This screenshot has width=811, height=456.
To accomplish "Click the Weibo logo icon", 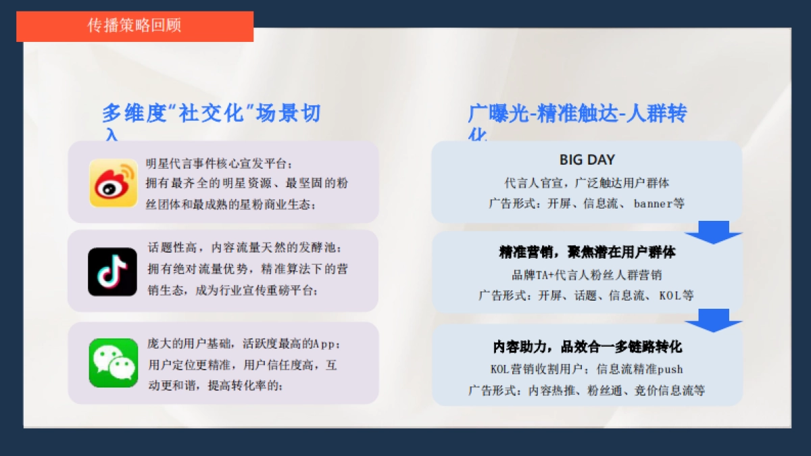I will click(114, 182).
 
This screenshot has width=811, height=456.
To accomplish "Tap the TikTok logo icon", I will click(112, 271).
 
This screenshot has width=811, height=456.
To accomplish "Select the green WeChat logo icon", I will click(114, 363).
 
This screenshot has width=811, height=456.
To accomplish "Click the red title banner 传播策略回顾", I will click(134, 26).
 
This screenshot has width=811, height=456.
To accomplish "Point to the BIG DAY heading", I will click(587, 160).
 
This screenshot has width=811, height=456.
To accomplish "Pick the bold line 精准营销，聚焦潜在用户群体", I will click(587, 253).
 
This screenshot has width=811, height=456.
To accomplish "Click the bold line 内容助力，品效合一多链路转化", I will click(587, 347).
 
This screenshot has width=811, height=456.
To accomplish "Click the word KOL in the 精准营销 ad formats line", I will click(670, 295).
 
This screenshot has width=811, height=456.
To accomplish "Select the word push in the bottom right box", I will click(670, 370).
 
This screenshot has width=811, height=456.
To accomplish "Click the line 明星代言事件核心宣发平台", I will click(220, 163).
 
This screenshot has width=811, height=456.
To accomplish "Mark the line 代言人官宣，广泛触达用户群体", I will click(587, 183).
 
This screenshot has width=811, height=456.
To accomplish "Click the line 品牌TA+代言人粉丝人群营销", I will click(587, 275).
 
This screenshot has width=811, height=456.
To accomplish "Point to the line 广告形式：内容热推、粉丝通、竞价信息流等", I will click(587, 390).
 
